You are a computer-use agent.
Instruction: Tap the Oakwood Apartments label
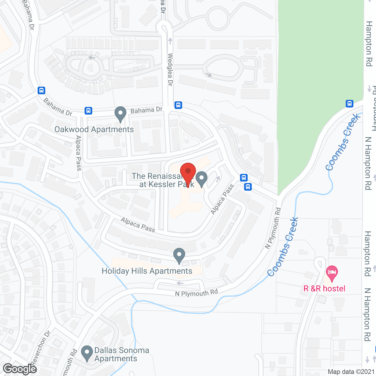94,130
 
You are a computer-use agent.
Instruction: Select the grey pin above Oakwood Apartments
120,114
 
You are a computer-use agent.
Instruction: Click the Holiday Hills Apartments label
147,271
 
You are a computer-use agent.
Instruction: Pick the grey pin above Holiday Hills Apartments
179,255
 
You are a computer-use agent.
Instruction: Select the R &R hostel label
324,288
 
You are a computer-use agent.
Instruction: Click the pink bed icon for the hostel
332,273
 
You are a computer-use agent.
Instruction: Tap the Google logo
20,369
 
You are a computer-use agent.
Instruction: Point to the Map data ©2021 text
351,372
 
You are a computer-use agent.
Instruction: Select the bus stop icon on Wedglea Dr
178,105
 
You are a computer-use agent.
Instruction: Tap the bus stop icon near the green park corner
349,103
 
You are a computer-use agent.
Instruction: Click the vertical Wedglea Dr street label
170,70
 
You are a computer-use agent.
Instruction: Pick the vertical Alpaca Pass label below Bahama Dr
78,153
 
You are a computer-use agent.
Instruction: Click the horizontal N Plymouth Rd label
197,293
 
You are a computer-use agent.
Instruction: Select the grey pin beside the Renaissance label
202,179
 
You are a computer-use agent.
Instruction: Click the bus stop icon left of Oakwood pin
88,111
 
